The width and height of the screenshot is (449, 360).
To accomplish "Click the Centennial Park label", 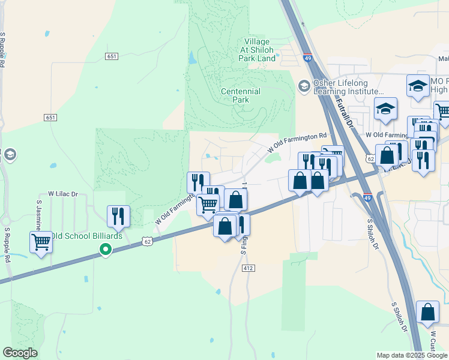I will pos(241,95).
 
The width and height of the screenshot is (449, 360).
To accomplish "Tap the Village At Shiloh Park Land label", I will pos(258,50).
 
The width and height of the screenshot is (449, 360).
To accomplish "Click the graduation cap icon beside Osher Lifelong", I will pos(304,87).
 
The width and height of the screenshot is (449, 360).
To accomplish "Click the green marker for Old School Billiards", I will pos(106,249).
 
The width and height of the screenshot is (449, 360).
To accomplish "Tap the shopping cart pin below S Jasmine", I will pos(41,242).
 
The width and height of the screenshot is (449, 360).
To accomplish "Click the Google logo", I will pos(20,353).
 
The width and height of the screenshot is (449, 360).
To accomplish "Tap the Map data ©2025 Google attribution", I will pos(411,355).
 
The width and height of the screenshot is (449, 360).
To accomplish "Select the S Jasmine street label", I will pos(37,216).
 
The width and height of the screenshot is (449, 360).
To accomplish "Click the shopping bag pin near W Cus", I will pos(427,312).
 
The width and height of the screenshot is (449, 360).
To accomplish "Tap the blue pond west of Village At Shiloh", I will pos(191,58).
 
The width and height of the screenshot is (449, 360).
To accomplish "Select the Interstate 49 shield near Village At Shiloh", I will pos(307,58).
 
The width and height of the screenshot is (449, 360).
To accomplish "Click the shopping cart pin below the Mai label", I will pos(443,112).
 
